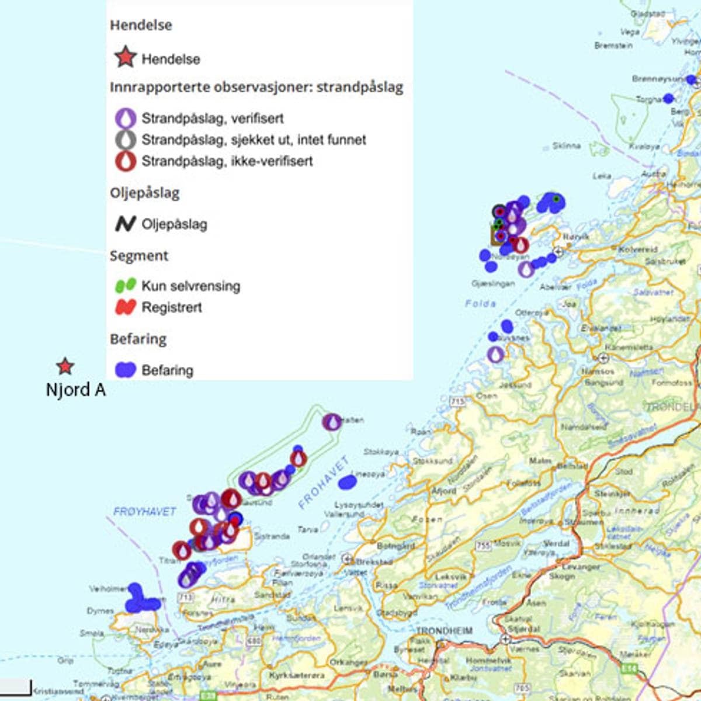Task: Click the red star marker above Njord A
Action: (x=65, y=366)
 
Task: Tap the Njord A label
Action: (x=76, y=390)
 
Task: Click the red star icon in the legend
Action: (x=124, y=58)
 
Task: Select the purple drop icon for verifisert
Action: (x=126, y=118)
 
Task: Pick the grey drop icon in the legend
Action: (x=126, y=140)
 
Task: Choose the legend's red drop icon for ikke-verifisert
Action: (x=126, y=161)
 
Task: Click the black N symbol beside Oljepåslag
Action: (x=125, y=224)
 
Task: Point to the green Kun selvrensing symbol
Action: (x=125, y=286)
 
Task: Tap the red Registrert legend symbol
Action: (x=125, y=307)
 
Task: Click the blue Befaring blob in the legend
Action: (x=125, y=370)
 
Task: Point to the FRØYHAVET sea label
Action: (x=144, y=512)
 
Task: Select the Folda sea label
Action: (x=480, y=303)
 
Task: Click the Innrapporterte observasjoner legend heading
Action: (x=256, y=87)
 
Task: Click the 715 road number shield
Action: (x=457, y=401)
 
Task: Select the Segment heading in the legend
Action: (x=139, y=255)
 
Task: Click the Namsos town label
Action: (x=598, y=371)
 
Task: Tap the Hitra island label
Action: (x=223, y=599)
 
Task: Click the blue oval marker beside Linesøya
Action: (x=347, y=481)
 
